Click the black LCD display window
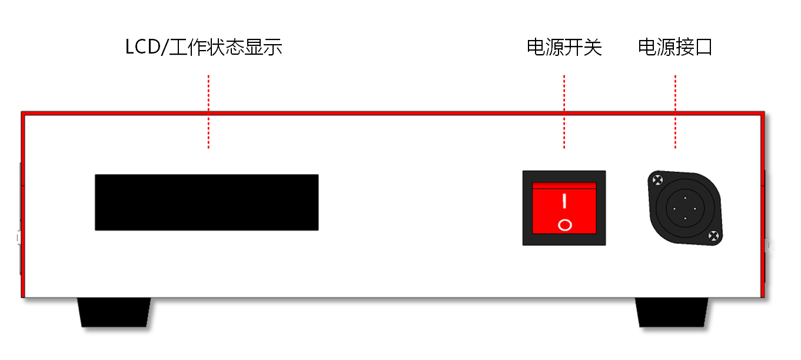pos(207,202)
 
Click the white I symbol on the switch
pos(564,201)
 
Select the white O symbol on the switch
pos(564,225)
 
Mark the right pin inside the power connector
pos(695,209)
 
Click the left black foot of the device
pos(115,312)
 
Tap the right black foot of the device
pos(672,312)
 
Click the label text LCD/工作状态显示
pos(204,47)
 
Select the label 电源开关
pos(564,47)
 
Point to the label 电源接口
pos(675,47)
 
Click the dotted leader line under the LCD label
pos(208,112)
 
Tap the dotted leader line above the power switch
pos(564,112)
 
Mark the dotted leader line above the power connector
pos(675,112)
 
